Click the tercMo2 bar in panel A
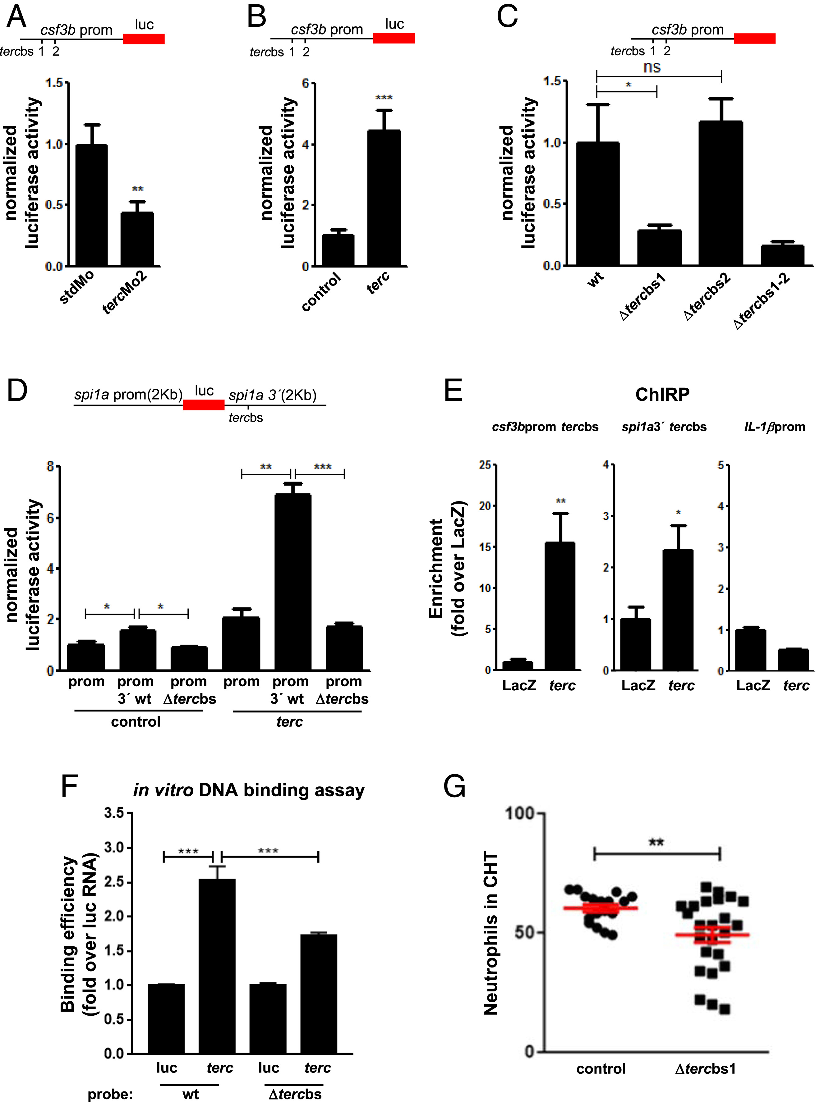coord(137,239)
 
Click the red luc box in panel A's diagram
coord(144,39)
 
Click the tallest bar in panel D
coord(292,582)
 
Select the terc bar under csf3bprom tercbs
coord(560,606)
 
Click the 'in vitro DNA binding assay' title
coord(248,790)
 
